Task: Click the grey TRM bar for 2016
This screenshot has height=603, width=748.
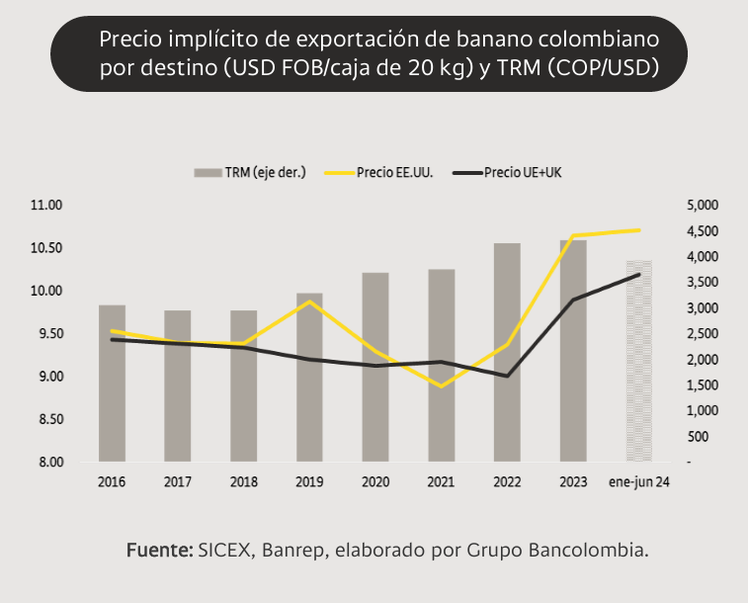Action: (112, 384)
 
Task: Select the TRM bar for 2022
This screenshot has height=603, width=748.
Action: (507, 352)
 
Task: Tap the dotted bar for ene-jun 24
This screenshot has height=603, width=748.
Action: (639, 361)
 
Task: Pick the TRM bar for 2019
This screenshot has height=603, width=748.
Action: (309, 378)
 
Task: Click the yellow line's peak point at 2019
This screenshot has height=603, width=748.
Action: (309, 301)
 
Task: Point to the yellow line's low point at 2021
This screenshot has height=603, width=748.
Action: (442, 386)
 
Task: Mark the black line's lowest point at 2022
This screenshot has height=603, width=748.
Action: (507, 376)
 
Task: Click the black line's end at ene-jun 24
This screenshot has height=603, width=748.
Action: (638, 274)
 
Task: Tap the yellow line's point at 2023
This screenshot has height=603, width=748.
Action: (573, 235)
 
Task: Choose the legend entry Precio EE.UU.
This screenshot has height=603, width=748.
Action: (378, 173)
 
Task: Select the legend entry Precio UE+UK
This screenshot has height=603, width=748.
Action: (507, 173)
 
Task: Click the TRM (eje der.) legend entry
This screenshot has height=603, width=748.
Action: (249, 173)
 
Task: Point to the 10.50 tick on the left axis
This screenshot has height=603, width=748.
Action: (46, 248)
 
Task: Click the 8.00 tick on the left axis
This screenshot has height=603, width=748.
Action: (51, 463)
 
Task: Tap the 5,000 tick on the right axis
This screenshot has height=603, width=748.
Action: (703, 206)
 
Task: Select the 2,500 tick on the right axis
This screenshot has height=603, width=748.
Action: (703, 333)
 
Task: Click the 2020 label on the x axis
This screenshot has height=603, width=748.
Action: (375, 482)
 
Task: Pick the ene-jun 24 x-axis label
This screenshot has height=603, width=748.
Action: (638, 482)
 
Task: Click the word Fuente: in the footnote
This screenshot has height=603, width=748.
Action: (159, 550)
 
